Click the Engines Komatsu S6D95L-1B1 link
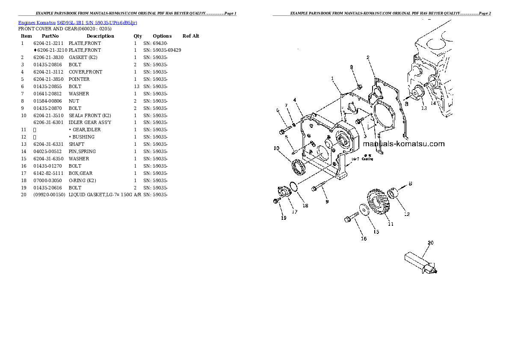point(77,22)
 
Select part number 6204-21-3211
point(48,43)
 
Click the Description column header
point(100,36)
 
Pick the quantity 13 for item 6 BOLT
point(136,86)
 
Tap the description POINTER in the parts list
point(79,79)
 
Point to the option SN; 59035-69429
point(162,50)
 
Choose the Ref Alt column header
point(191,36)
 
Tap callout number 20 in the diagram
point(430,243)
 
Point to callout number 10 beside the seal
point(277,148)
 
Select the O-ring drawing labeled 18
point(293,187)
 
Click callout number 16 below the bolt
point(363,239)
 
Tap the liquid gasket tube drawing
point(419,262)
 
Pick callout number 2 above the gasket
point(368,57)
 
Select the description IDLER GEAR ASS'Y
point(90,123)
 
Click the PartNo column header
point(50,36)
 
